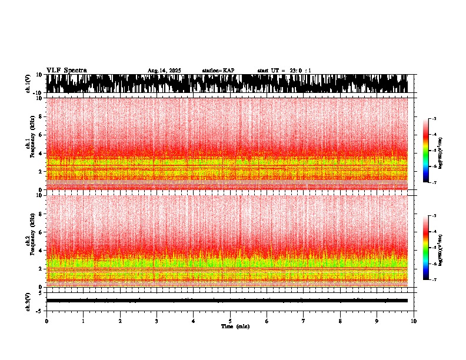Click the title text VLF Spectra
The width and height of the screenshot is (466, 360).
[x=66, y=71]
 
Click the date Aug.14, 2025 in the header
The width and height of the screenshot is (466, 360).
[x=164, y=71]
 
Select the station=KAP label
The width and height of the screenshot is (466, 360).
[x=218, y=71]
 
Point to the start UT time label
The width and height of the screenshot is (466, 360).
[x=284, y=71]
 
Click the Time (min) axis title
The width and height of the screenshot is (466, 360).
[x=235, y=326]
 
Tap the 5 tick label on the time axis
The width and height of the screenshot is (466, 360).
[x=230, y=321]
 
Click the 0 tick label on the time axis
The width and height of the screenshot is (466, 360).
[x=46, y=321]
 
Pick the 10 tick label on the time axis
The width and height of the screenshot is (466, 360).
[x=414, y=321]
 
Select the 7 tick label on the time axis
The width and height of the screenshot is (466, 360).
[x=304, y=321]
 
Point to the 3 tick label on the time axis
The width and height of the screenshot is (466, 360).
[x=157, y=321]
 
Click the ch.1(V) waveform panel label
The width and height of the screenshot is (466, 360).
[x=28, y=84]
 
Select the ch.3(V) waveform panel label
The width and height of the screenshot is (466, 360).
[x=28, y=301]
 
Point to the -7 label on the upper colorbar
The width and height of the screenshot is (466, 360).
[x=434, y=183]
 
